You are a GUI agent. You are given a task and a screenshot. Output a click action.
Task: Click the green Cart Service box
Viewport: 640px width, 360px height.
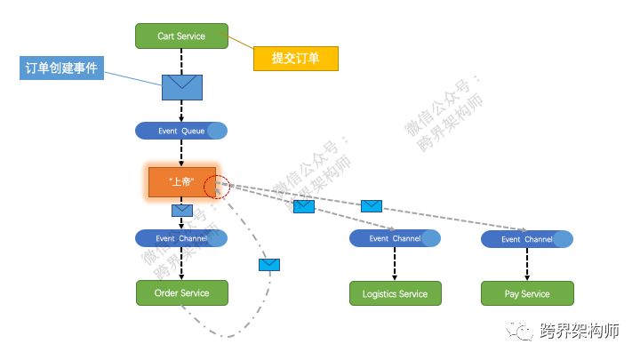point(181,36)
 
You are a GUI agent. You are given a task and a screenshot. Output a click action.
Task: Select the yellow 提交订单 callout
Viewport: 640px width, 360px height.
point(294,59)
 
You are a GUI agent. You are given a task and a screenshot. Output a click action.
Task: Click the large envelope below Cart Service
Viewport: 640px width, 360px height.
point(181,86)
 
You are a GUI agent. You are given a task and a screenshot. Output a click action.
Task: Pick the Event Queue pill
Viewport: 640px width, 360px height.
point(181,132)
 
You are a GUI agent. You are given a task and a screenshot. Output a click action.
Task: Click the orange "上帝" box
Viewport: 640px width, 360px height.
point(181,181)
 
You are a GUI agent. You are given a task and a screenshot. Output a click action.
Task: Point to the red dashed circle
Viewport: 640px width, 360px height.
point(216,187)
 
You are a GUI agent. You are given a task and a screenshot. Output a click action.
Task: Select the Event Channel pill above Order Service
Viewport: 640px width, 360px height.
point(181,238)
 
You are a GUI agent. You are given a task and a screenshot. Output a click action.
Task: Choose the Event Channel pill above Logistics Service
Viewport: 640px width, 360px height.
point(395,238)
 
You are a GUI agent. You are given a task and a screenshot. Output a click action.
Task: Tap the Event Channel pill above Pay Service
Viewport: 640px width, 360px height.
point(527,239)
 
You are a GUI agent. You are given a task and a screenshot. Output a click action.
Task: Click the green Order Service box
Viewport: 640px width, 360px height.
point(181,293)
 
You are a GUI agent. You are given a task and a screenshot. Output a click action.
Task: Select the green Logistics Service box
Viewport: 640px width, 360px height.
point(395,293)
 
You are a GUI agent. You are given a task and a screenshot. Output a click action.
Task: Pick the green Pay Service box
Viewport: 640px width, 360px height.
point(527,293)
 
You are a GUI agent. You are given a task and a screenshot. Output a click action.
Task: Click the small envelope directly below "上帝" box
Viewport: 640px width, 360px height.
point(182,211)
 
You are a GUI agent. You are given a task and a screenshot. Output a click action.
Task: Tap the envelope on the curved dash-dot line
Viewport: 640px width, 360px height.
point(269,264)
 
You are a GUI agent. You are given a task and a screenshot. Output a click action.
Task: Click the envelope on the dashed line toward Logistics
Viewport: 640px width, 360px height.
point(304,206)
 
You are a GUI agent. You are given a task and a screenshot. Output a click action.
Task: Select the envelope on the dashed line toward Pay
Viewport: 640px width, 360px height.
point(372,206)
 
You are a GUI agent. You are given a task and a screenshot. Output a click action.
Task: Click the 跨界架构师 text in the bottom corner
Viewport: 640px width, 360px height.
point(579,331)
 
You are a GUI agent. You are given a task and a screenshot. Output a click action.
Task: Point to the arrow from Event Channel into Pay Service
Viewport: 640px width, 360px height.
point(527,265)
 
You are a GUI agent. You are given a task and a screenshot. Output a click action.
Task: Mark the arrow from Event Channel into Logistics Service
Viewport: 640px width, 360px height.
point(395,265)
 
